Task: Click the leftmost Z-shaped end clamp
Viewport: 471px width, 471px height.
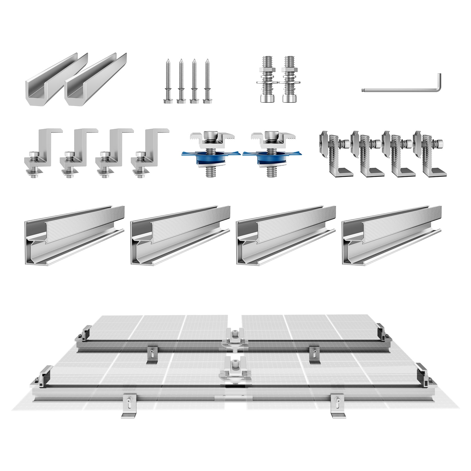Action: click(41, 153)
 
